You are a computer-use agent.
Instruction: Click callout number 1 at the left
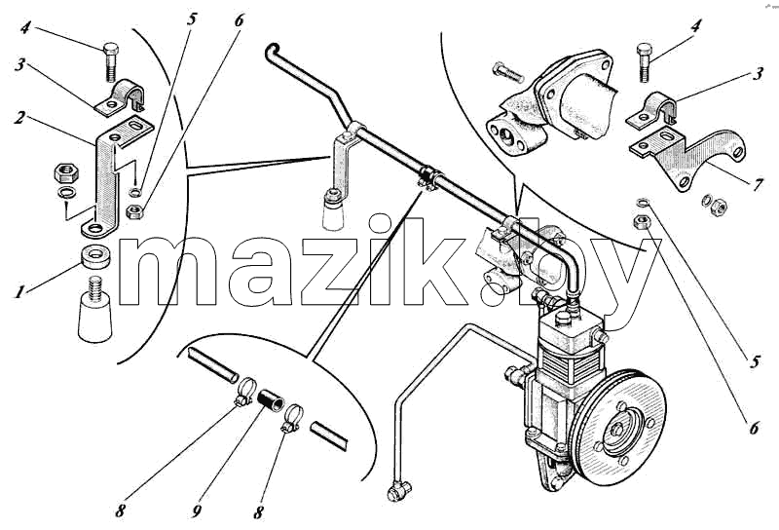coord(19,291)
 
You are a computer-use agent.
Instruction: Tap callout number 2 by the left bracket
coord(19,118)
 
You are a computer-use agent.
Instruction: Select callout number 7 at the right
coord(757,184)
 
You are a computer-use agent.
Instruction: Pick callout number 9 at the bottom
coord(197,511)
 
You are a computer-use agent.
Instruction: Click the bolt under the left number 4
coord(111,61)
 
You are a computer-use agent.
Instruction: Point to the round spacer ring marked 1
coord(95,256)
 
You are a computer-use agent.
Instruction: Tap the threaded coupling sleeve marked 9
coord(271,399)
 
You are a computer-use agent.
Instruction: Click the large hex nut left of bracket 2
coord(65,172)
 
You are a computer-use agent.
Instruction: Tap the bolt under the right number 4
coord(644,62)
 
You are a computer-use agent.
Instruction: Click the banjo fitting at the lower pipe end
coord(399,491)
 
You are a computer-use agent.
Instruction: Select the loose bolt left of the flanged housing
coord(507,73)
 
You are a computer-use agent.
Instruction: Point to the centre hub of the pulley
coord(618,429)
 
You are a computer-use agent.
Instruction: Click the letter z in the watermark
coord(329,271)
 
